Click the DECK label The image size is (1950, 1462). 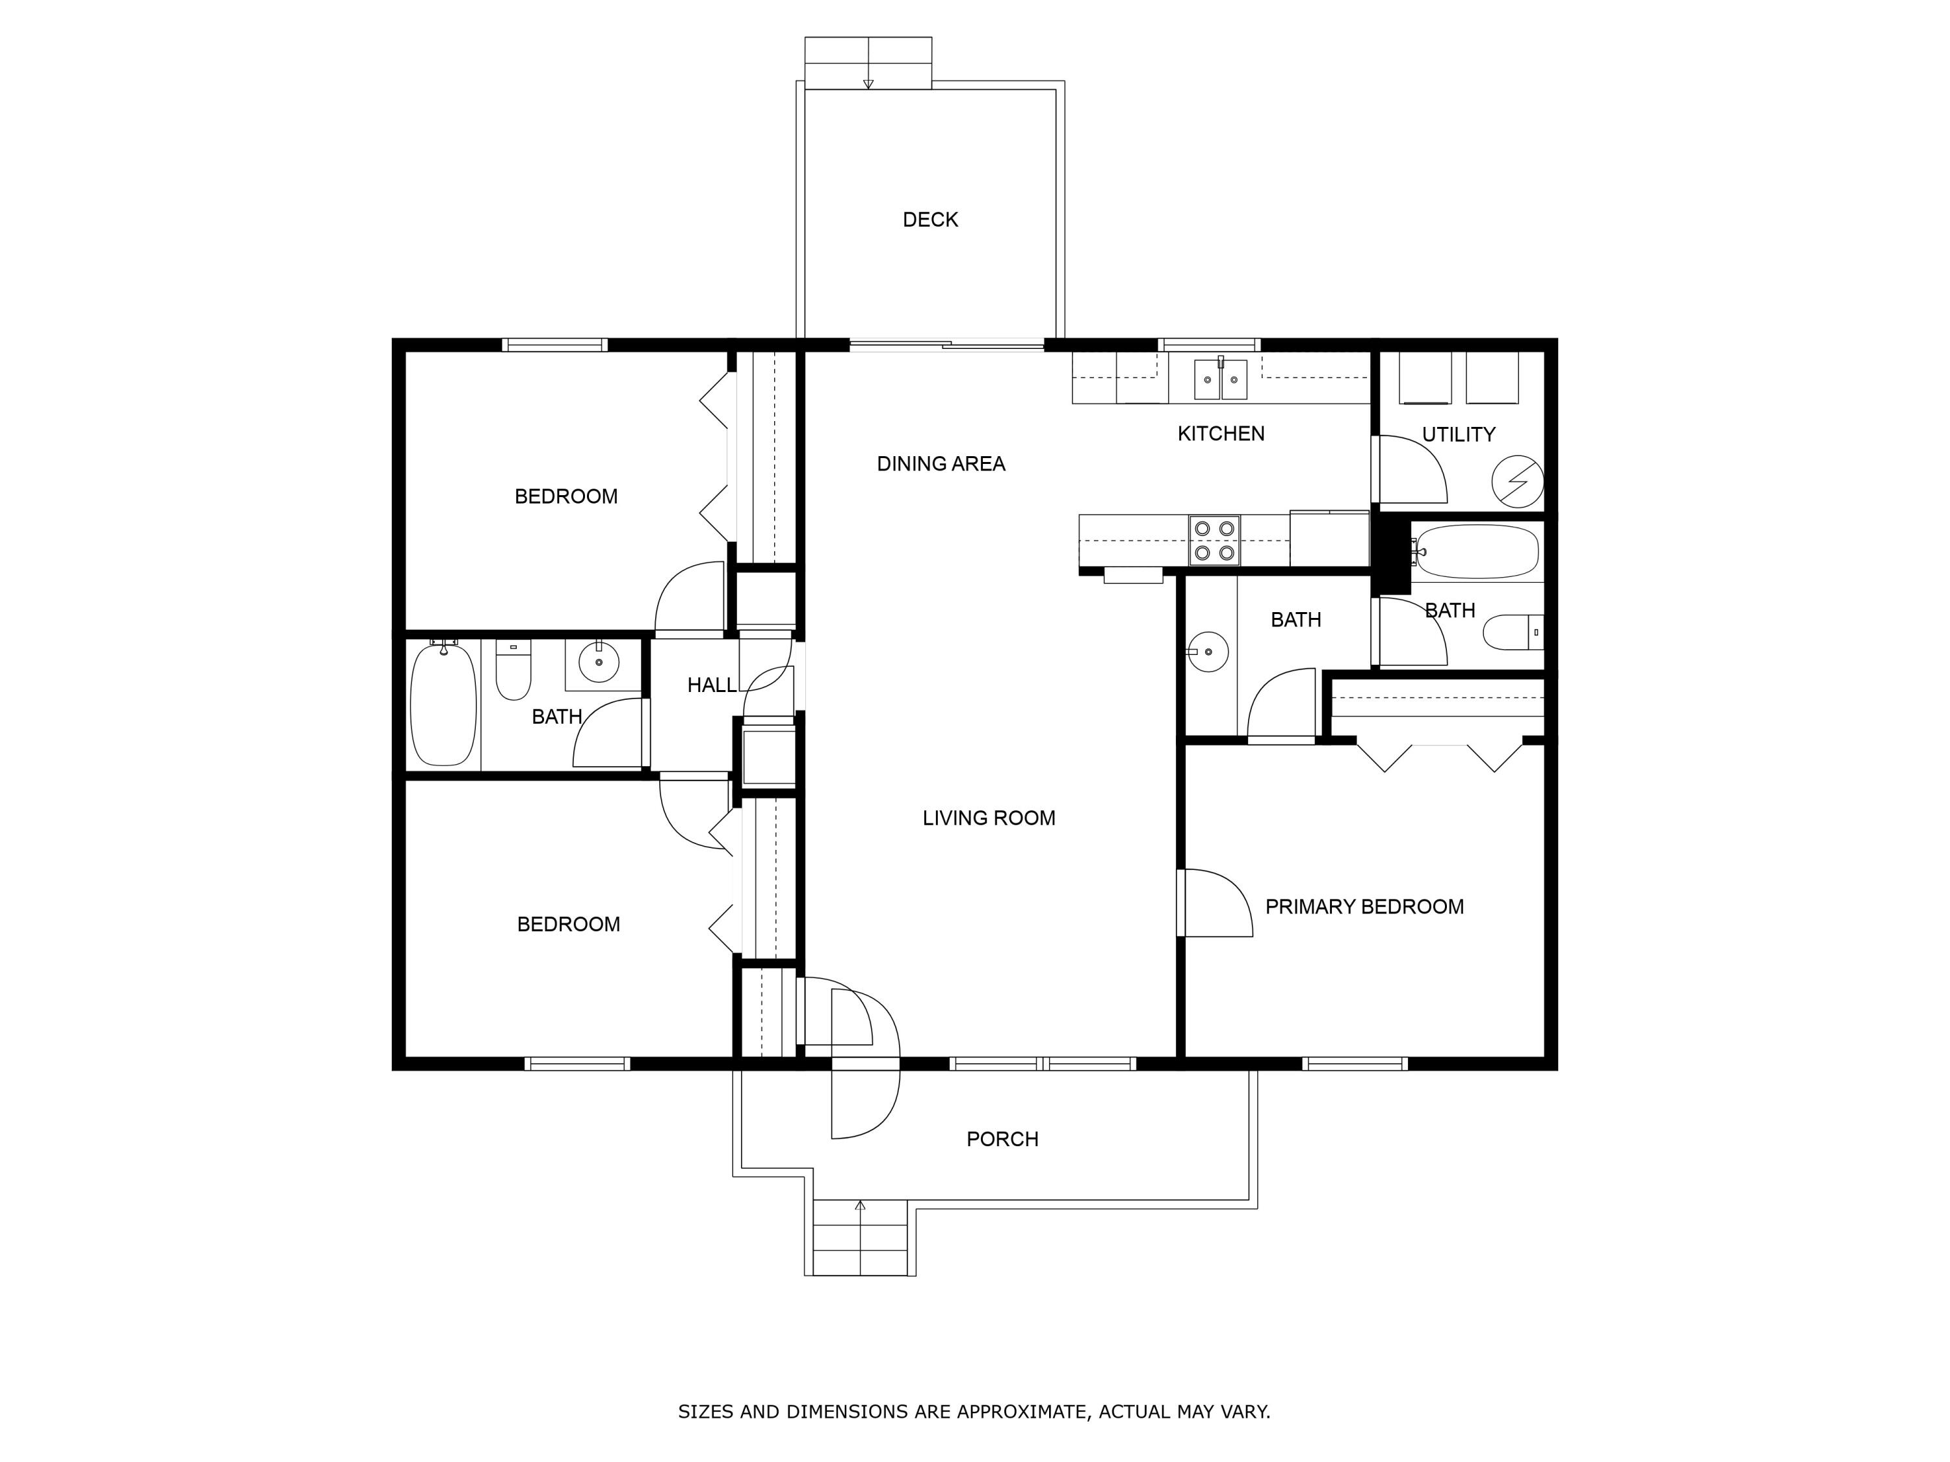pos(930,220)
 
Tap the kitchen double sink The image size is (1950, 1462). pos(1220,379)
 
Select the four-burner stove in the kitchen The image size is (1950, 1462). pos(1214,540)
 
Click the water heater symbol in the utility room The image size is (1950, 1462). pos(1517,481)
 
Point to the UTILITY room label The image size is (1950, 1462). pos(1458,435)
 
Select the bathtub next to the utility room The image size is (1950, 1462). pos(1477,552)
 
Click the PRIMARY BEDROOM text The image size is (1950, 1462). pos(1364,907)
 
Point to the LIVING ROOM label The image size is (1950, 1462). pos(988,818)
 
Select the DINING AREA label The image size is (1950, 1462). pos(941,463)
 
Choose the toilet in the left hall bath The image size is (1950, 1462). pos(513,671)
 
